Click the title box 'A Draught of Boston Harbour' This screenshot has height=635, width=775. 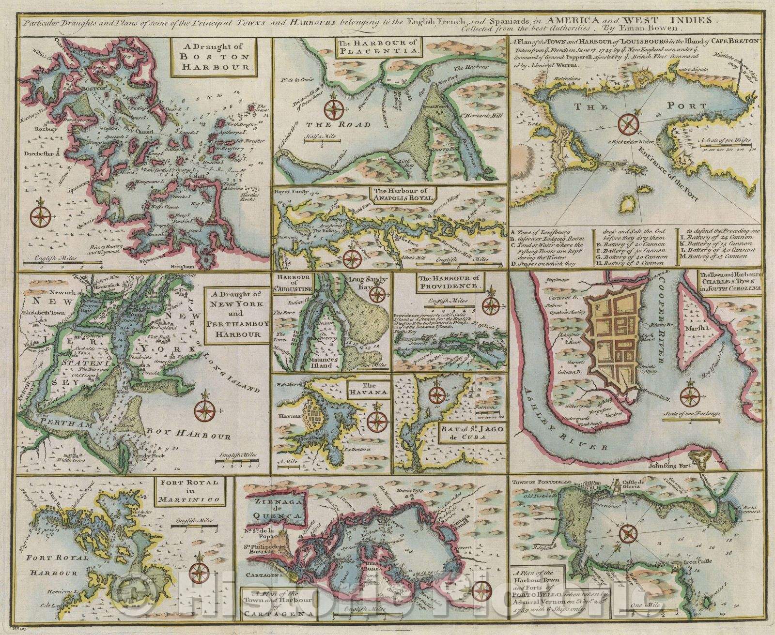(x=214, y=58)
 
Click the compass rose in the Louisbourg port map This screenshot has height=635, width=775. (x=628, y=122)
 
